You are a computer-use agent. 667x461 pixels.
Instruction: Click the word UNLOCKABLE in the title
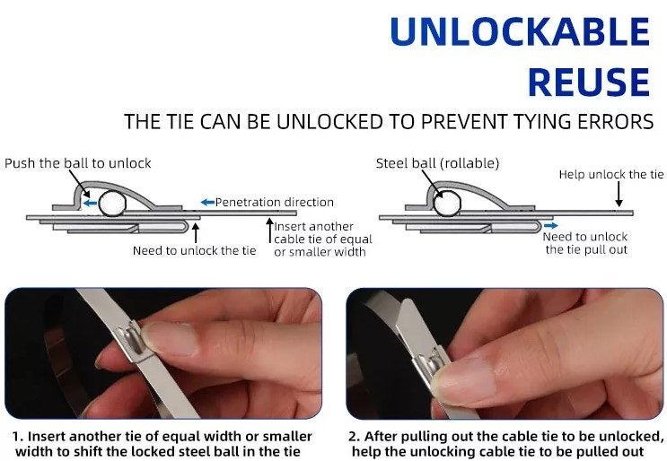tap(520, 31)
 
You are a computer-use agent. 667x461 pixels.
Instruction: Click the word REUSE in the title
tap(589, 82)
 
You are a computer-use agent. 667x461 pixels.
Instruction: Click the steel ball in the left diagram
tap(112, 204)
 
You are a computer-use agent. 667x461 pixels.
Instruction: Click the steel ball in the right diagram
tap(447, 204)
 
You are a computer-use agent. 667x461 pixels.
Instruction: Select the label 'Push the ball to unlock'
tap(78, 163)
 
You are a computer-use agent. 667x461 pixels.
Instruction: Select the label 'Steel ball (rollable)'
tap(437, 163)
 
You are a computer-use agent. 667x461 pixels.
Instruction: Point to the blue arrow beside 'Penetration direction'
tap(207, 202)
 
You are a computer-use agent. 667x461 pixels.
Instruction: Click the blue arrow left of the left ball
tap(90, 204)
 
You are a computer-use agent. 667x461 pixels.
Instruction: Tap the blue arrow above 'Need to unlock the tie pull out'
tap(550, 226)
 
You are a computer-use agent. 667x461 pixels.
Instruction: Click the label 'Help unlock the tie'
tap(611, 174)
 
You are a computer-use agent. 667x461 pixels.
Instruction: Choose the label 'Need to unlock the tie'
tap(195, 251)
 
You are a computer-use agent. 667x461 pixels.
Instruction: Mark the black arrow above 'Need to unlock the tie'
tap(196, 233)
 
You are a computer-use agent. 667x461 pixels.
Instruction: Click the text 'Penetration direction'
tap(275, 202)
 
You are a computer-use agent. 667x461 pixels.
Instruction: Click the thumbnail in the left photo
tap(171, 339)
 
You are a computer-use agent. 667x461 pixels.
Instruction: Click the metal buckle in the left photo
tap(132, 341)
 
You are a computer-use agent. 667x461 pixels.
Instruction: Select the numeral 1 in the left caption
tap(16, 437)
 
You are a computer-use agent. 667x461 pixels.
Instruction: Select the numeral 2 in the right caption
tap(354, 437)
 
